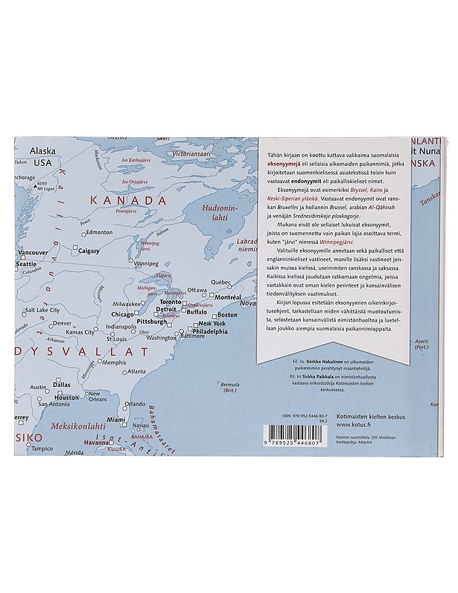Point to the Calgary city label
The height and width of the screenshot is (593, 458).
pos(88,251)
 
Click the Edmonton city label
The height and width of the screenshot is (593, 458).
pos(99,232)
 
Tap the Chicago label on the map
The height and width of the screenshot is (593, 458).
pos(122,314)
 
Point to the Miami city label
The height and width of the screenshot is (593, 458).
pos(116,420)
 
